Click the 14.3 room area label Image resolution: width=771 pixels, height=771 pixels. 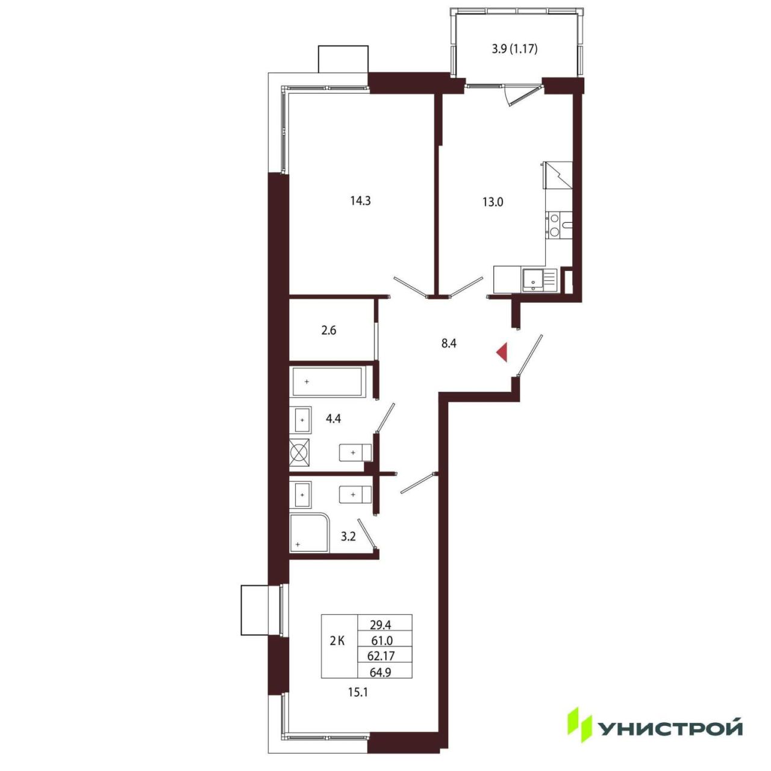coord(360,201)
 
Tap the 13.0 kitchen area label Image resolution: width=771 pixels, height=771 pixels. coord(493,202)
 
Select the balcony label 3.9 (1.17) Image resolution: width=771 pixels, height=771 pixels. coord(514,49)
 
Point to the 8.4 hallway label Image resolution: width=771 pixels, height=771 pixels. coord(449,343)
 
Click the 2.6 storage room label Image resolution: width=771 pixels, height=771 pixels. coord(328,331)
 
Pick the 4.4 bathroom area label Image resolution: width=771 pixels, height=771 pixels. coord(333,419)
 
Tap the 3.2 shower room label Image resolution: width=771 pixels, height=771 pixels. coord(348,537)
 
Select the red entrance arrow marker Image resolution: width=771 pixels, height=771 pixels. coord(502,352)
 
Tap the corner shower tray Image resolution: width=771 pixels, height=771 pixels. coord(309,533)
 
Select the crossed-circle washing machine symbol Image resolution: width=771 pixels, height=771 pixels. coord(300,452)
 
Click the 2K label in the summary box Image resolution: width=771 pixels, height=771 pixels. coord(337,641)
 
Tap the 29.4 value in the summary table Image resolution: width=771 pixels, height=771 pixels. coord(381,624)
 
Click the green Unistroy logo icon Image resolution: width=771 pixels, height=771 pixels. coord(580,728)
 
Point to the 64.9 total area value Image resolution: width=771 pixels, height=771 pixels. coord(381,672)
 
